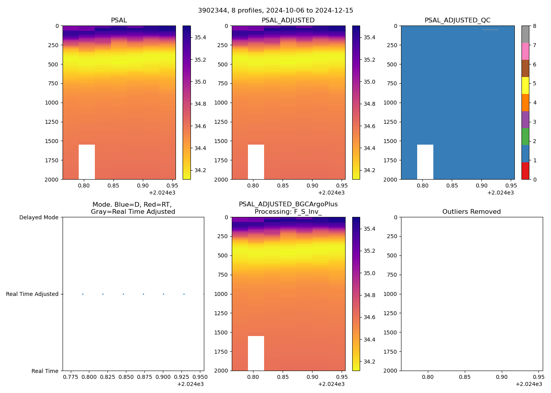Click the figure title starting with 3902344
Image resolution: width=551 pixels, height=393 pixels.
point(275,11)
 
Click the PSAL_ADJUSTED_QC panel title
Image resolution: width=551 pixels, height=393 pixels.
point(457,20)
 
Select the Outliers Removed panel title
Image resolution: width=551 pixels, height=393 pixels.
point(471,212)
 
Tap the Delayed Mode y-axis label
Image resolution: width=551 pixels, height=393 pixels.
point(39,217)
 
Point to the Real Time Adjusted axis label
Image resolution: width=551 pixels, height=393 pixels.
point(32,294)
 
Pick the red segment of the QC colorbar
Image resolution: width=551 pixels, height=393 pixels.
point(525,171)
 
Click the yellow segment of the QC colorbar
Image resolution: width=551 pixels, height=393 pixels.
point(525,85)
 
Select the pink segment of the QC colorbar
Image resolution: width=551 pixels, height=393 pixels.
point(525,51)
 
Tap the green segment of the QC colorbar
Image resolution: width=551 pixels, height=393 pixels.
point(525,137)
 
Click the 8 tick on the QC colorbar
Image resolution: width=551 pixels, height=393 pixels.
point(531,26)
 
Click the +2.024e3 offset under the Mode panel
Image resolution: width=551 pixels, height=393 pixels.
point(190,384)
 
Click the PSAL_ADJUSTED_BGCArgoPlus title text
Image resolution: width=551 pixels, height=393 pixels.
point(288,204)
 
